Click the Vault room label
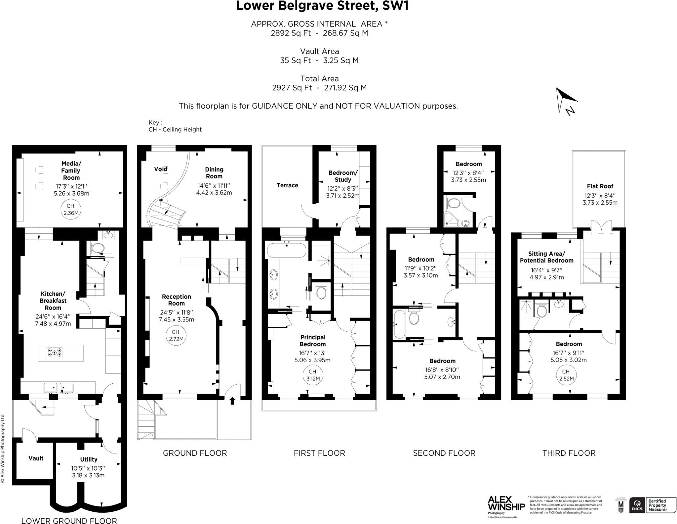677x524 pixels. [x=36, y=458]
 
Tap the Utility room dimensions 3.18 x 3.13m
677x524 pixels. [x=88, y=475]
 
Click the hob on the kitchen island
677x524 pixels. [x=55, y=353]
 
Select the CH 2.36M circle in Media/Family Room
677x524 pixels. [x=71, y=210]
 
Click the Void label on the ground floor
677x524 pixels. [x=161, y=169]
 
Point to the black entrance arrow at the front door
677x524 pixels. [x=232, y=401]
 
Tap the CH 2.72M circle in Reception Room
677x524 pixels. [x=176, y=335]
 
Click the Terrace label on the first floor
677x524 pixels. [x=287, y=185]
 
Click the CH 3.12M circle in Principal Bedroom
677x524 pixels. [x=312, y=375]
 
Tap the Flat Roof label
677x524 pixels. [x=600, y=186]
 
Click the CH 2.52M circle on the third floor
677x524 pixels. [x=566, y=375]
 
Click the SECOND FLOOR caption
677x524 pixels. [x=444, y=453]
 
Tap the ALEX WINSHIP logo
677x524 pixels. [x=506, y=504]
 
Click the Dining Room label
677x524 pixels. [x=214, y=173]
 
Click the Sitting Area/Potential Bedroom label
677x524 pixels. [x=546, y=257]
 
